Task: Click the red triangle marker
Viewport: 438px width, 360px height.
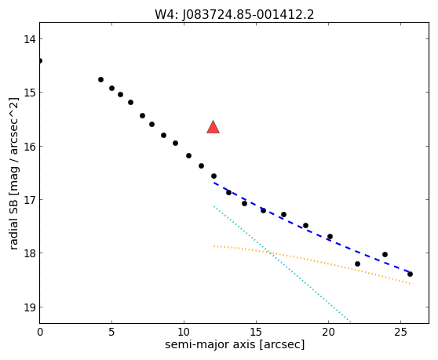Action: [214, 127]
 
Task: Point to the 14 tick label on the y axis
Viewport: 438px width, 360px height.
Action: [29, 39]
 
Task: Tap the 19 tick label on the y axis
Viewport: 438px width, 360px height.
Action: [29, 307]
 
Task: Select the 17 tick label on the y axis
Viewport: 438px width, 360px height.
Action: [29, 200]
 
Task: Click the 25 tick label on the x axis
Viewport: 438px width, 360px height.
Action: [400, 332]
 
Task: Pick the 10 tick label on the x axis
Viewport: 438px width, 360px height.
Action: [184, 332]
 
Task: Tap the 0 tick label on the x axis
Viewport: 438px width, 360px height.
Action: [40, 332]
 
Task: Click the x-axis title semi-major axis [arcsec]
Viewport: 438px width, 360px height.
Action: [235, 344]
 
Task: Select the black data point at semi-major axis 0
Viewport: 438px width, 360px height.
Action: [40, 61]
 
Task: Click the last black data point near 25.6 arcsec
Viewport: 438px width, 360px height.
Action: [410, 274]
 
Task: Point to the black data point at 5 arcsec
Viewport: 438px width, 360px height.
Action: [111, 88]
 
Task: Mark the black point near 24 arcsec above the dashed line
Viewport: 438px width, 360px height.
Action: [385, 255]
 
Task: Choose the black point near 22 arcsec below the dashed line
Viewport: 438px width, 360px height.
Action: [357, 264]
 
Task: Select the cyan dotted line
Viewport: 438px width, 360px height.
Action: [282, 264]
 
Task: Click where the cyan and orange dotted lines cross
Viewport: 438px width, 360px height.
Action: [268, 252]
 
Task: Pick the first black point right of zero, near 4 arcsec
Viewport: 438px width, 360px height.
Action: [100, 79]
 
